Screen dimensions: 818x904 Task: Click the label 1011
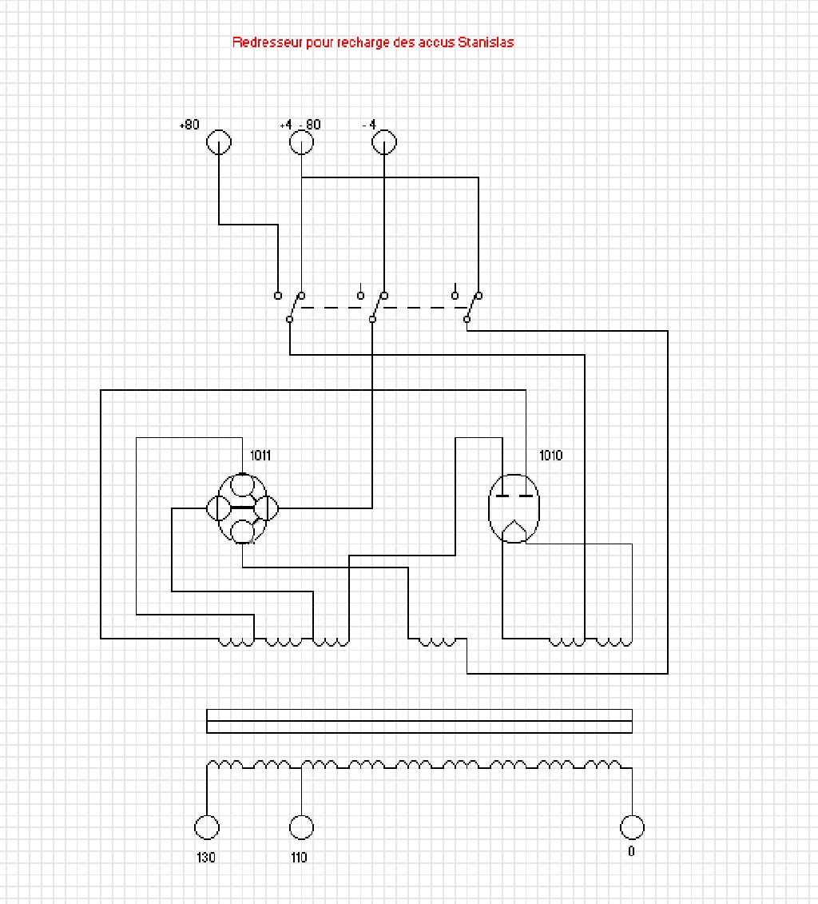tap(260, 456)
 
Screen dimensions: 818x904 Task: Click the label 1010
tap(550, 456)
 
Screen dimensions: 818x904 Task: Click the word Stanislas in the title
tap(486, 42)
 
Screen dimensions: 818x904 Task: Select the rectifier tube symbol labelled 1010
tap(514, 508)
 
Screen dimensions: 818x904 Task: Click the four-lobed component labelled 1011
tap(243, 508)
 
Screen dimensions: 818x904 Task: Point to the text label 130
tap(205, 858)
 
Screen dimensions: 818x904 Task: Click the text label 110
tap(299, 858)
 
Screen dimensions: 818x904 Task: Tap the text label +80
tap(189, 125)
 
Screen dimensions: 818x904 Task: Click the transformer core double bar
tap(419, 721)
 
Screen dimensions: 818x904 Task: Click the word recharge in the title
tap(363, 42)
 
